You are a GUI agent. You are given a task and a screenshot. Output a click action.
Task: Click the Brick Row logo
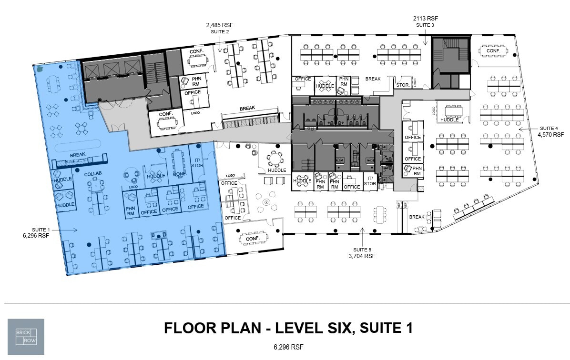[x=26, y=337]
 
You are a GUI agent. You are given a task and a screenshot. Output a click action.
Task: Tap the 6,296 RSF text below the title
[x=288, y=347]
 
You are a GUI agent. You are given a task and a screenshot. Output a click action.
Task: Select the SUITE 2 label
[x=220, y=32]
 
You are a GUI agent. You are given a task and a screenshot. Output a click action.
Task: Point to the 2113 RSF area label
[x=425, y=18]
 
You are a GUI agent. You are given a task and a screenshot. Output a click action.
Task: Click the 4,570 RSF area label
[x=548, y=135]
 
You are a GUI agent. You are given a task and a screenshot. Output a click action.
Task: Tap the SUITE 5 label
[x=362, y=249]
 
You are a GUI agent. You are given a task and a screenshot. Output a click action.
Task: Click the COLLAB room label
[x=93, y=174]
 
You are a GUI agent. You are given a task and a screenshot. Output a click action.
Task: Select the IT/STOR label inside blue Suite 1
[x=197, y=163]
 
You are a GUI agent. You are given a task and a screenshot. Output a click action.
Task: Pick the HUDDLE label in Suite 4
[x=449, y=120]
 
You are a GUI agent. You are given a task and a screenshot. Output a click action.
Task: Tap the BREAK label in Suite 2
[x=247, y=109]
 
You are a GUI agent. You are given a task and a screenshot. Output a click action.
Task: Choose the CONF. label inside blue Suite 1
[x=180, y=174]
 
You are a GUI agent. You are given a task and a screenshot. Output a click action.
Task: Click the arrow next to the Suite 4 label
[x=526, y=129]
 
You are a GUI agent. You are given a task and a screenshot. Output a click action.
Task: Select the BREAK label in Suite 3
[x=373, y=79]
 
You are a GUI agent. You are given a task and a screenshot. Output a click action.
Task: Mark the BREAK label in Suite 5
[x=417, y=217]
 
